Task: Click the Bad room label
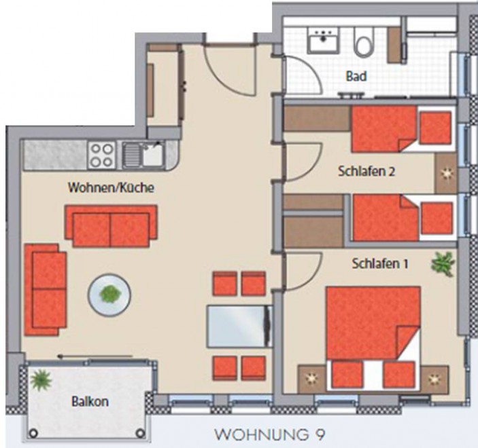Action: coord(356,76)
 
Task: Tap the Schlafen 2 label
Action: coord(366,171)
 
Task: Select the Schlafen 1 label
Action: coord(380,263)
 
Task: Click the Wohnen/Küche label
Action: coord(111,187)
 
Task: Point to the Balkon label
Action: coord(90,401)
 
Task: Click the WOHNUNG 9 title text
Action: coord(270,434)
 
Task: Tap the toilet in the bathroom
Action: coord(363,41)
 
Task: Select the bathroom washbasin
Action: coord(323,40)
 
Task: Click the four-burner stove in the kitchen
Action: coord(102,155)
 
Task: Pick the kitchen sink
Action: coord(143,155)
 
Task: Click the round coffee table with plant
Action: coord(109,295)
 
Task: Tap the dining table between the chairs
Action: coord(239,326)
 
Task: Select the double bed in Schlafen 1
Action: coord(373,337)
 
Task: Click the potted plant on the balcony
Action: coord(41,380)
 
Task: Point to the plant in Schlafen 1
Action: coord(443,263)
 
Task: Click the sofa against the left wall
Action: coord(46,290)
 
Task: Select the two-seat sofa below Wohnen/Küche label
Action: coord(112,225)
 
